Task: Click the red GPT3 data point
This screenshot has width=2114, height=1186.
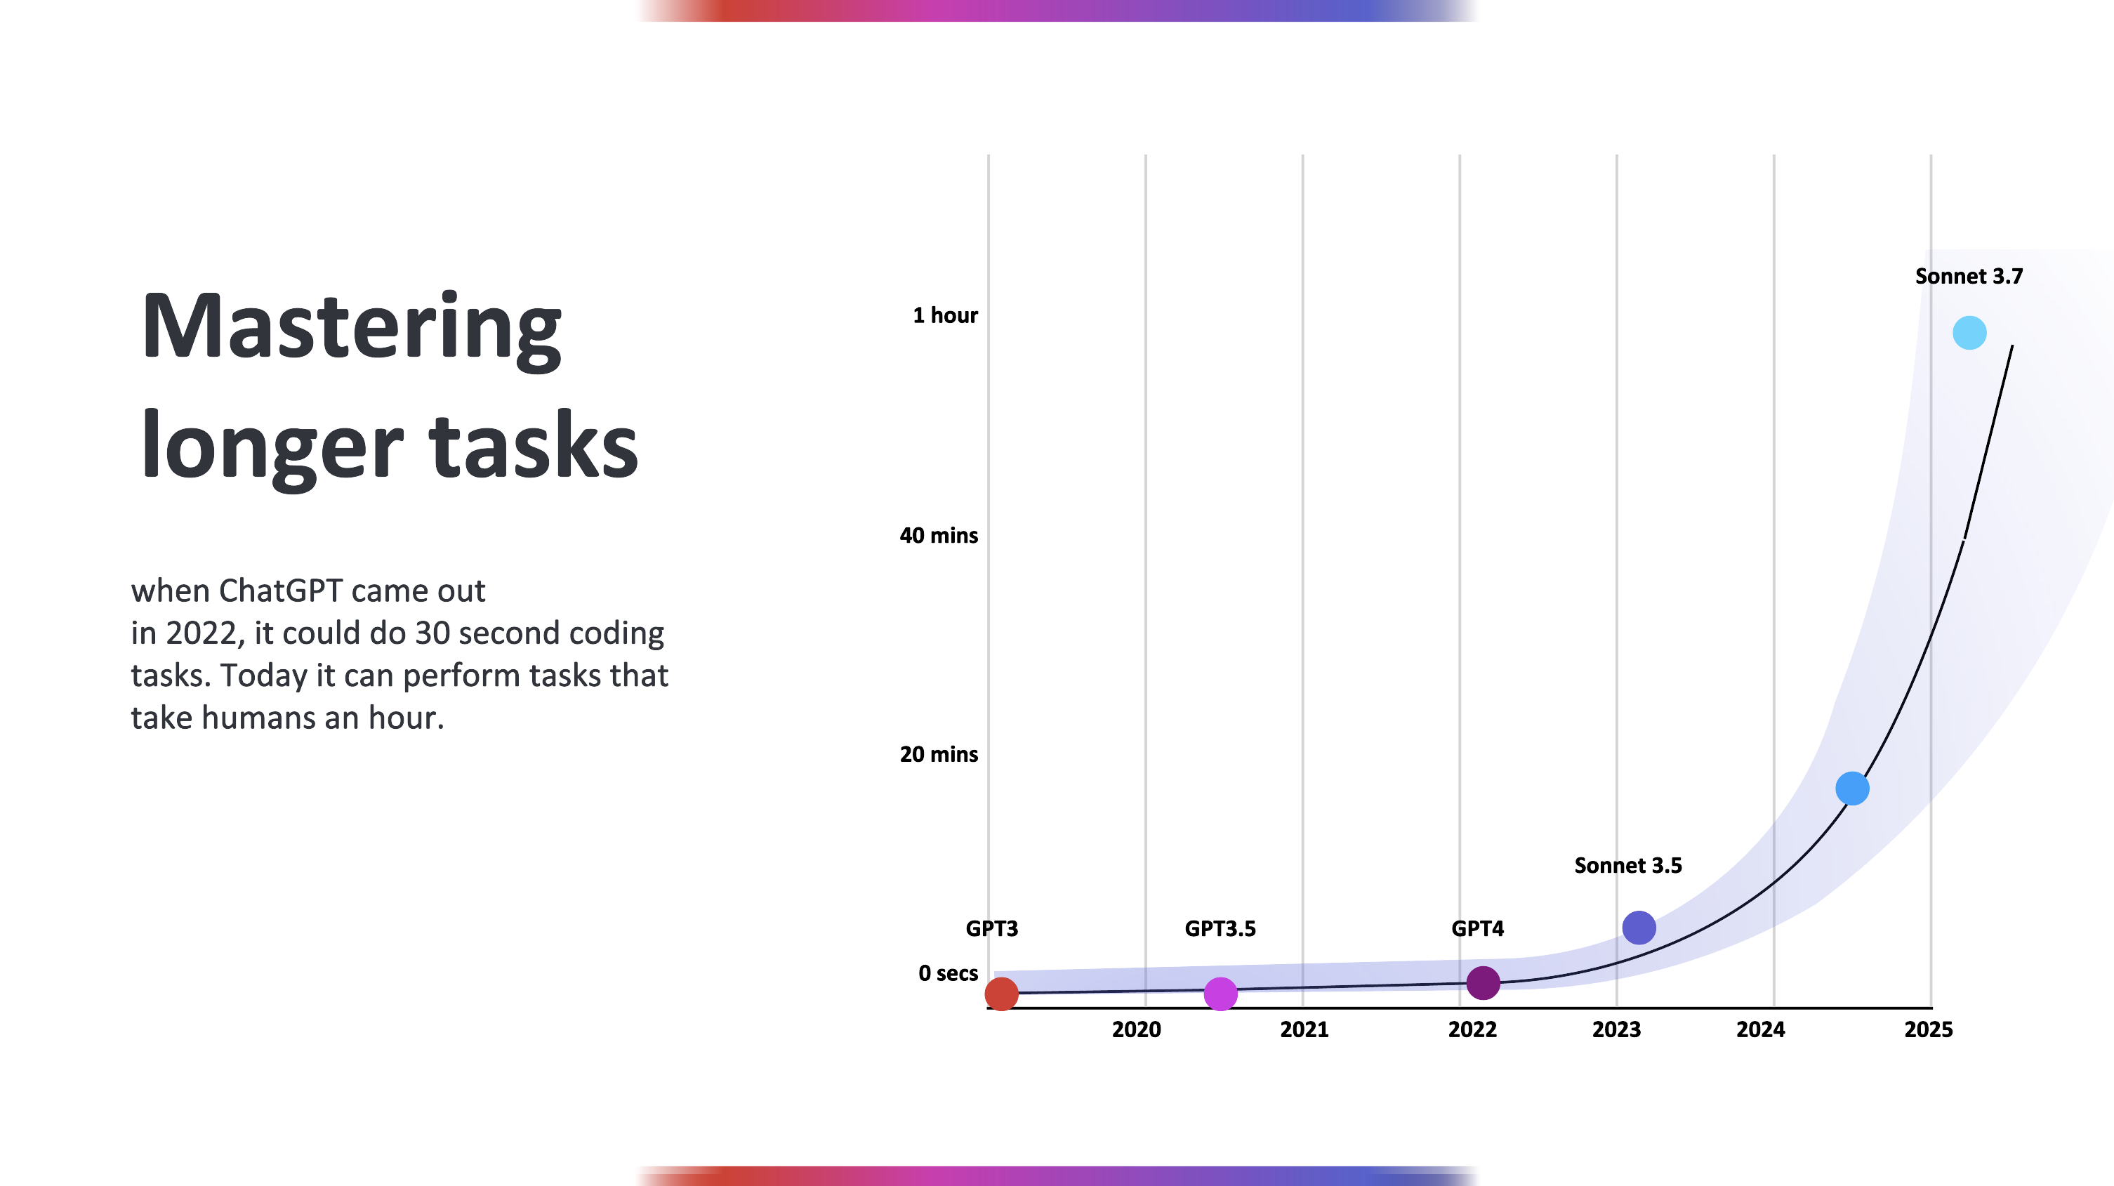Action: tap(1001, 994)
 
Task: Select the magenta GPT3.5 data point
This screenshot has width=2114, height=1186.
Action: tap(1220, 994)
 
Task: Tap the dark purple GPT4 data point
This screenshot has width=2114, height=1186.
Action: tap(1483, 982)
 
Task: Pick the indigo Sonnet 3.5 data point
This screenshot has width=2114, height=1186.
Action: tap(1639, 928)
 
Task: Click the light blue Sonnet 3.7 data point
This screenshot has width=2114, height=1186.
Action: tap(1969, 332)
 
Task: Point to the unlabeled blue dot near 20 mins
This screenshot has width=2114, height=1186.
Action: tap(1852, 789)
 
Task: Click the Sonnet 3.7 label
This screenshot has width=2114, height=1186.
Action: tap(1969, 276)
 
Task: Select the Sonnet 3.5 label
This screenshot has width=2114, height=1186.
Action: tap(1628, 865)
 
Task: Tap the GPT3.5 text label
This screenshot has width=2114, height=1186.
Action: tap(1220, 928)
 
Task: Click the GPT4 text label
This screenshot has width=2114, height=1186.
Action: tap(1477, 928)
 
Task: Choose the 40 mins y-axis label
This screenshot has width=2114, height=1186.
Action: tap(939, 535)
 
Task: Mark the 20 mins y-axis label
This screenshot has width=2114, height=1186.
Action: tap(939, 754)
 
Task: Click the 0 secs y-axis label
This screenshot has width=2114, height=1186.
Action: tap(948, 973)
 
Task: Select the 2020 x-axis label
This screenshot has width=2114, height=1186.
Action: tap(1137, 1029)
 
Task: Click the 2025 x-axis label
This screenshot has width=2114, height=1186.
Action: tap(1929, 1029)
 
